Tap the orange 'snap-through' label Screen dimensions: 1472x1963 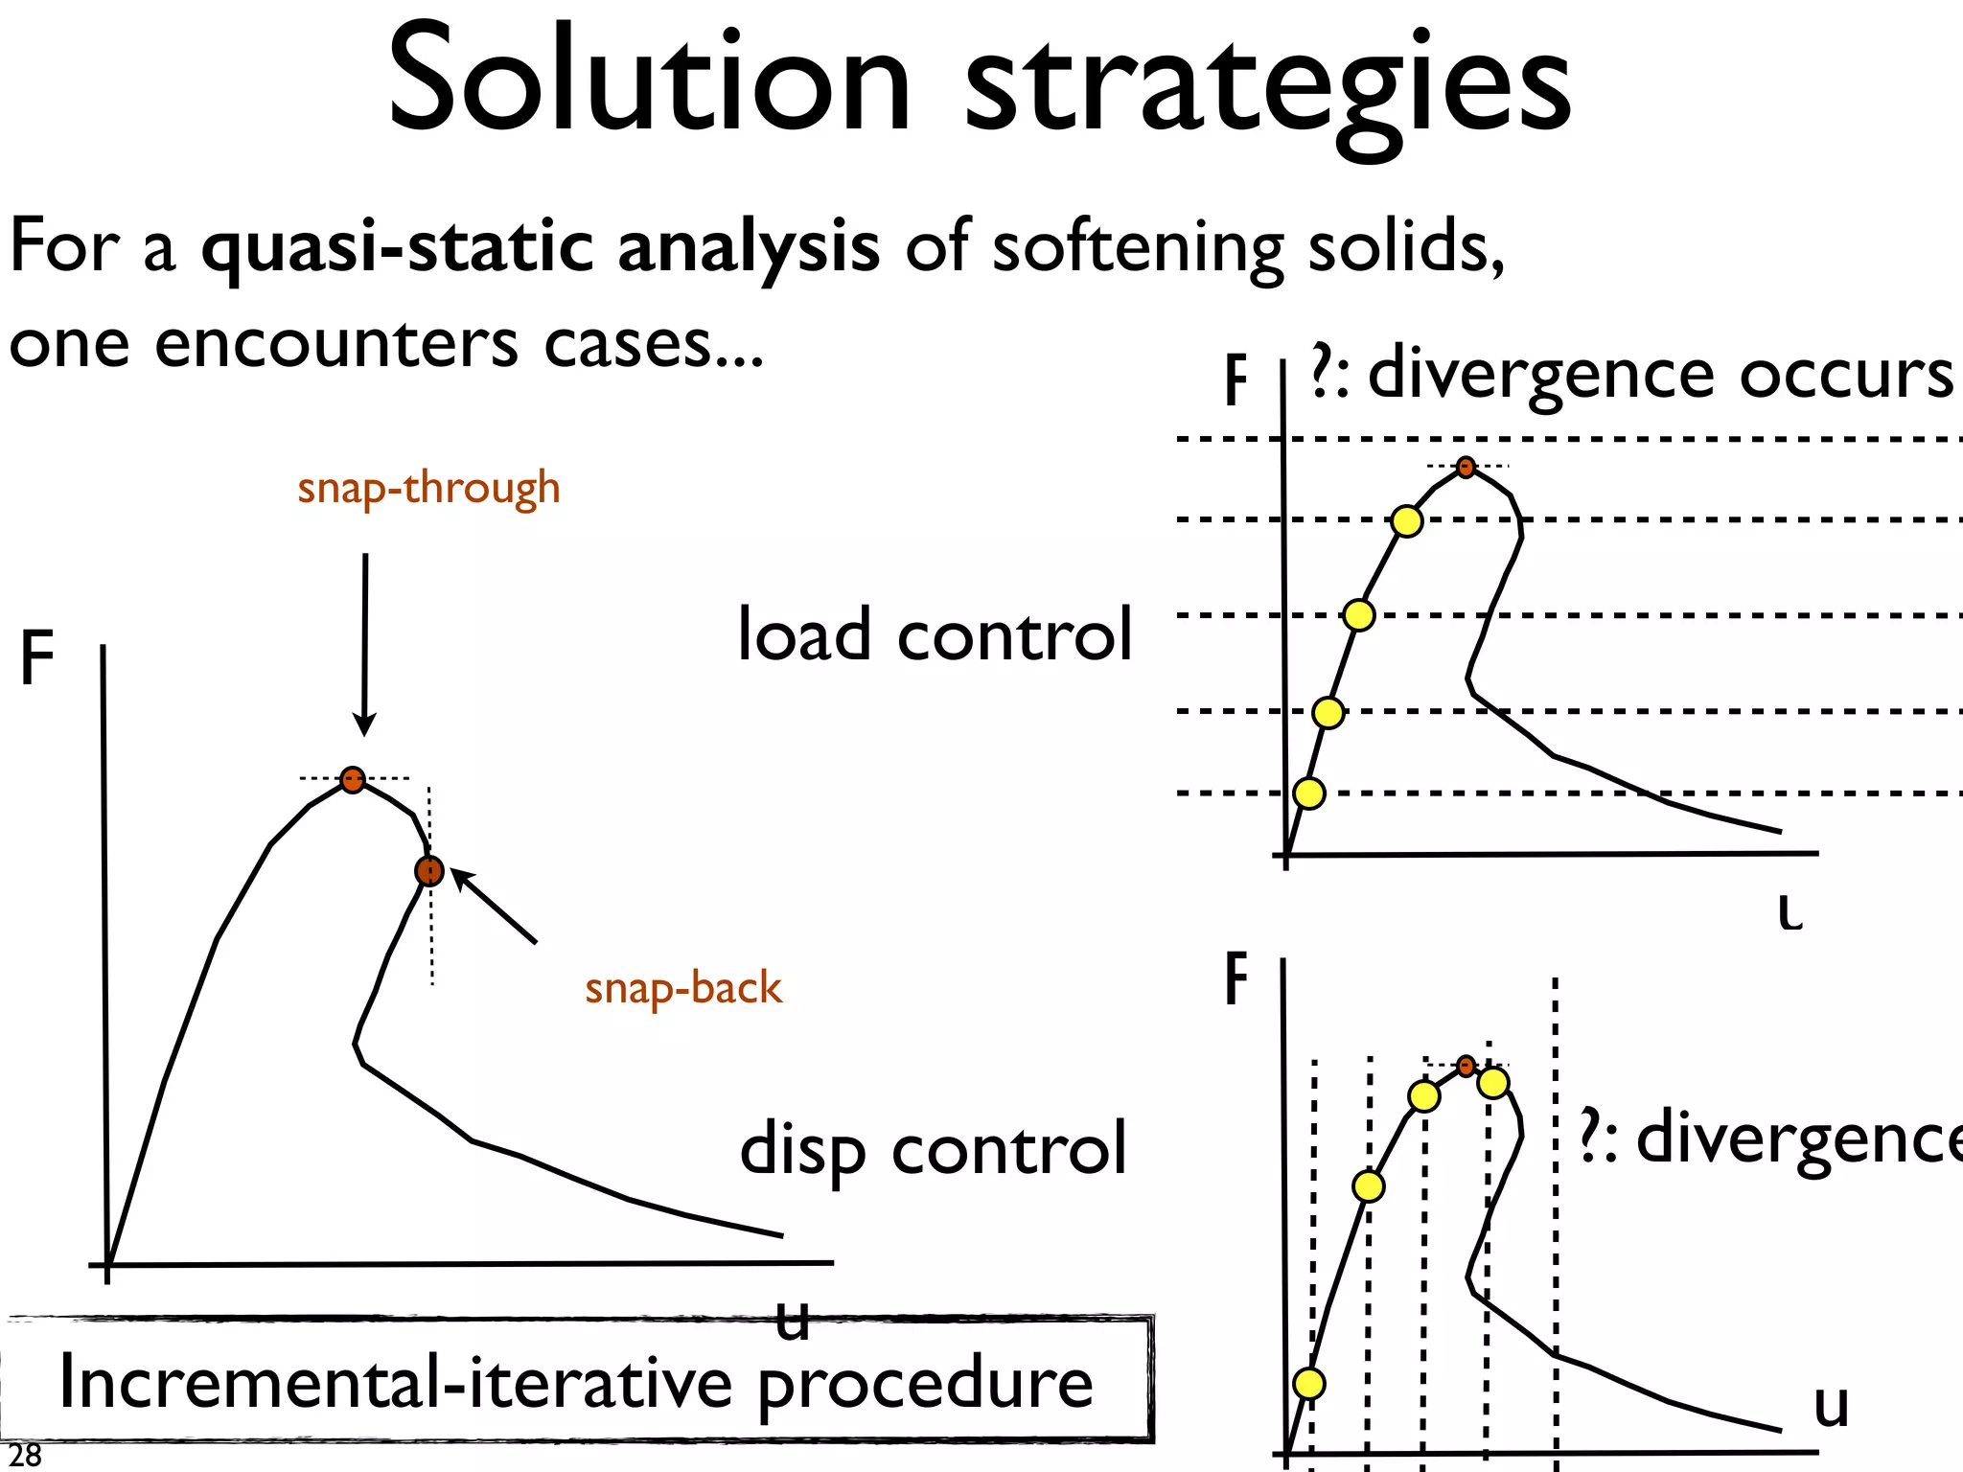428,488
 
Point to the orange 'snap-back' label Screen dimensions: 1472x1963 683,988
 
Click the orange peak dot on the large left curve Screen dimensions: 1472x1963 353,779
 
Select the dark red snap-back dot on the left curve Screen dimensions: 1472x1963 429,871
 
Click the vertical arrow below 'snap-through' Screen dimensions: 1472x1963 364,642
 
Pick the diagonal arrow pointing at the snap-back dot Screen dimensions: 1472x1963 494,906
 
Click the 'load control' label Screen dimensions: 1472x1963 935,635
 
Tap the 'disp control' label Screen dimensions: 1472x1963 933,1149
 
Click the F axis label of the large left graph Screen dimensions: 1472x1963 37,658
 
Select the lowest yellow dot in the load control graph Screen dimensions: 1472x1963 1309,793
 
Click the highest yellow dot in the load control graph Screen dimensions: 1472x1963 1406,521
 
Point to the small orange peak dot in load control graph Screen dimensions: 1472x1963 1466,468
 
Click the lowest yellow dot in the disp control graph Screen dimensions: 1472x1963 1309,1383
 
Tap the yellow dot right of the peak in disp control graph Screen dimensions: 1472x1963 1493,1083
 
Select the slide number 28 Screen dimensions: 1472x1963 25,1455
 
